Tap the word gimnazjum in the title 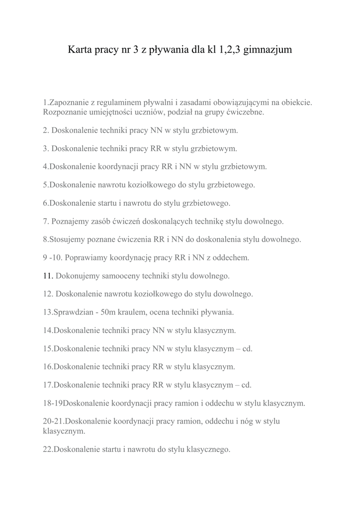tap(266, 51)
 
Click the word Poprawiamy tap(85, 257)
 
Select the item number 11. tap(48, 275)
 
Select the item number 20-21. tap(54, 421)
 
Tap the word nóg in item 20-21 tap(250, 422)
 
